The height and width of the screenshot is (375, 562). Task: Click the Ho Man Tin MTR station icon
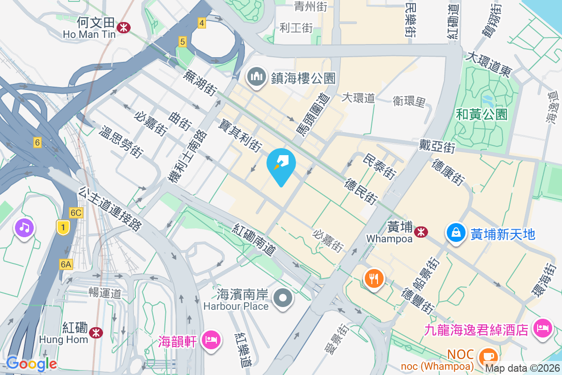point(124,27)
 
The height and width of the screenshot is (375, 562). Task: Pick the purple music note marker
point(24,228)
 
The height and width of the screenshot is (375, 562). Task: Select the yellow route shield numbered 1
point(63,227)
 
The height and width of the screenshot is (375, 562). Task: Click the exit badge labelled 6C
point(75,213)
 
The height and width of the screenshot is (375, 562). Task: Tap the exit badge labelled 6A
point(66,264)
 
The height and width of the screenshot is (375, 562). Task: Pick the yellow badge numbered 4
point(201,22)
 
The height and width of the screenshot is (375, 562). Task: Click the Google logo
point(31,363)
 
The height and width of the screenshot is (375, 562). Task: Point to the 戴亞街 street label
point(436,146)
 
